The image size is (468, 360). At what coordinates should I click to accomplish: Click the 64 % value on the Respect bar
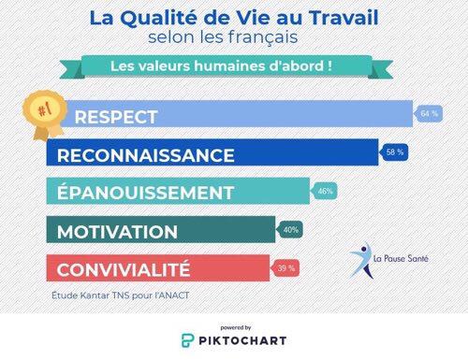click(x=430, y=114)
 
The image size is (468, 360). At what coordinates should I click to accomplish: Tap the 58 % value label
click(x=395, y=152)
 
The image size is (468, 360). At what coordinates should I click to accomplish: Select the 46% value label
click(x=326, y=191)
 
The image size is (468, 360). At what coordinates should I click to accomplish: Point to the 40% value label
click(x=290, y=229)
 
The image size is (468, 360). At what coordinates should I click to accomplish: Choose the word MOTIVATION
click(x=117, y=232)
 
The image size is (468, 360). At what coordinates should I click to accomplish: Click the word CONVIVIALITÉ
click(x=124, y=270)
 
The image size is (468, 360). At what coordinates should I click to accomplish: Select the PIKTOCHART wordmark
click(x=245, y=339)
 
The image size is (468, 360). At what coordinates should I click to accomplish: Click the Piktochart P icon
click(x=188, y=339)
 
